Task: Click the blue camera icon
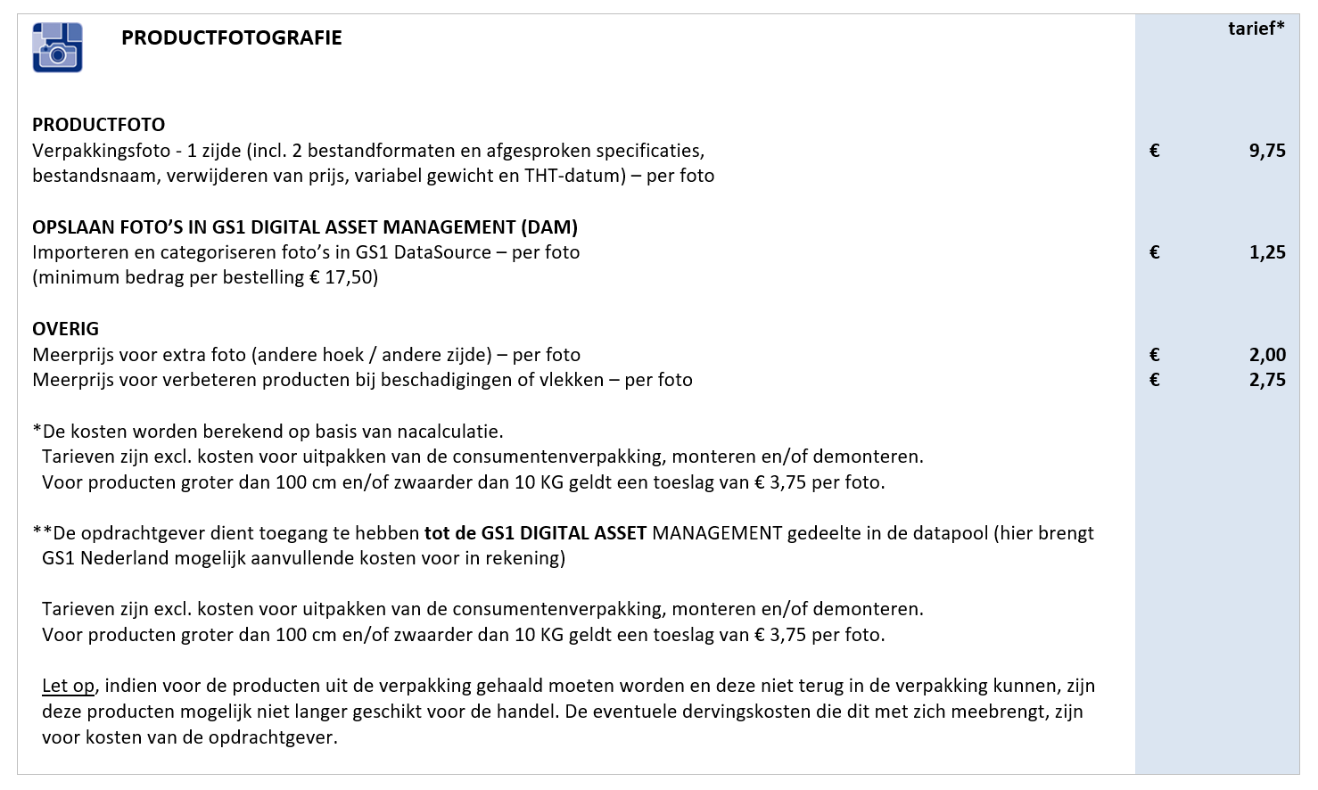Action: point(57,47)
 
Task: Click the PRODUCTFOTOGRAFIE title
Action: point(231,37)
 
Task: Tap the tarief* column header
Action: point(1256,29)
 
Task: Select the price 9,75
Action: point(1266,151)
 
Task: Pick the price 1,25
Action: point(1266,252)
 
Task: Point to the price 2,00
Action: point(1266,355)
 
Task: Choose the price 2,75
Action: point(1266,380)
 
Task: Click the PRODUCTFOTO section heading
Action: point(98,125)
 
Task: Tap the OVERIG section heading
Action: point(65,329)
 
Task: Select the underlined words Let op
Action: point(68,686)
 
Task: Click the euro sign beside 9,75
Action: point(1155,151)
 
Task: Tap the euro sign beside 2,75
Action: point(1155,380)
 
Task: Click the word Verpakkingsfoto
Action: point(101,151)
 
